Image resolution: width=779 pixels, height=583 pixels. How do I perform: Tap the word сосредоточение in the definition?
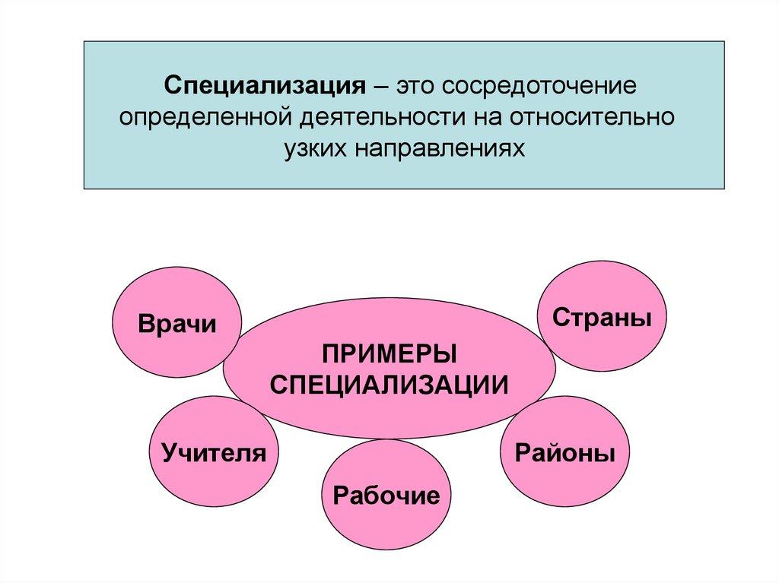[x=539, y=85]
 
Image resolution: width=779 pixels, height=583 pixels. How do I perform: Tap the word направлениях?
[x=440, y=148]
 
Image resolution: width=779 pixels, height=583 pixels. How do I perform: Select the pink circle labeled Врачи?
[x=176, y=322]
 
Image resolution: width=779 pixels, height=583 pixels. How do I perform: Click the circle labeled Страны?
[x=602, y=316]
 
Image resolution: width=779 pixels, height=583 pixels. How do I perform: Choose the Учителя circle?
[x=214, y=452]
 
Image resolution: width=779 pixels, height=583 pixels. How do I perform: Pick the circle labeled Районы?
[x=565, y=452]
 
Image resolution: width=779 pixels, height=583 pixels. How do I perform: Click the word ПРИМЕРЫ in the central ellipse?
[x=389, y=354]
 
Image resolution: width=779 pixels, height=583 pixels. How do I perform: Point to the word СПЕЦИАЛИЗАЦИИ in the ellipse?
[x=389, y=385]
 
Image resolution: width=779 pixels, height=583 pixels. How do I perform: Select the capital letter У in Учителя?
[x=170, y=453]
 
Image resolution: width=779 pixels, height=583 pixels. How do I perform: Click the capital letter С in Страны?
[x=561, y=317]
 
